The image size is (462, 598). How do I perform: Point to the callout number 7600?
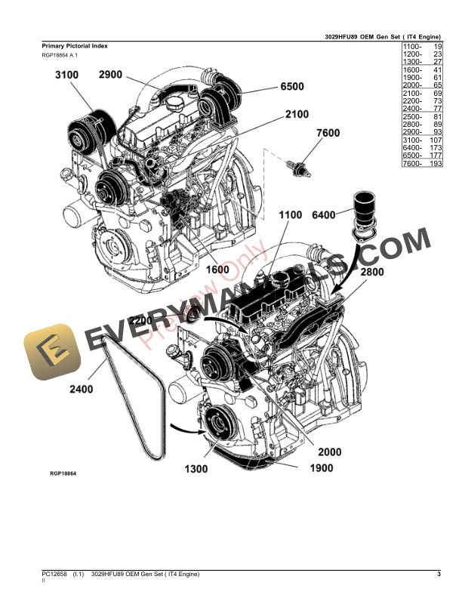point(328,134)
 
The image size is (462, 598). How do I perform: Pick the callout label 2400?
point(82,390)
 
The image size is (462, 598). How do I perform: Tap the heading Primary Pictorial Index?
point(75,46)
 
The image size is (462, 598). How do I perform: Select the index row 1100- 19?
point(421,47)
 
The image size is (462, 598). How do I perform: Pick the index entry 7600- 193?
point(421,163)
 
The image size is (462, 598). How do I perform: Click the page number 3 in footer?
point(439,575)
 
